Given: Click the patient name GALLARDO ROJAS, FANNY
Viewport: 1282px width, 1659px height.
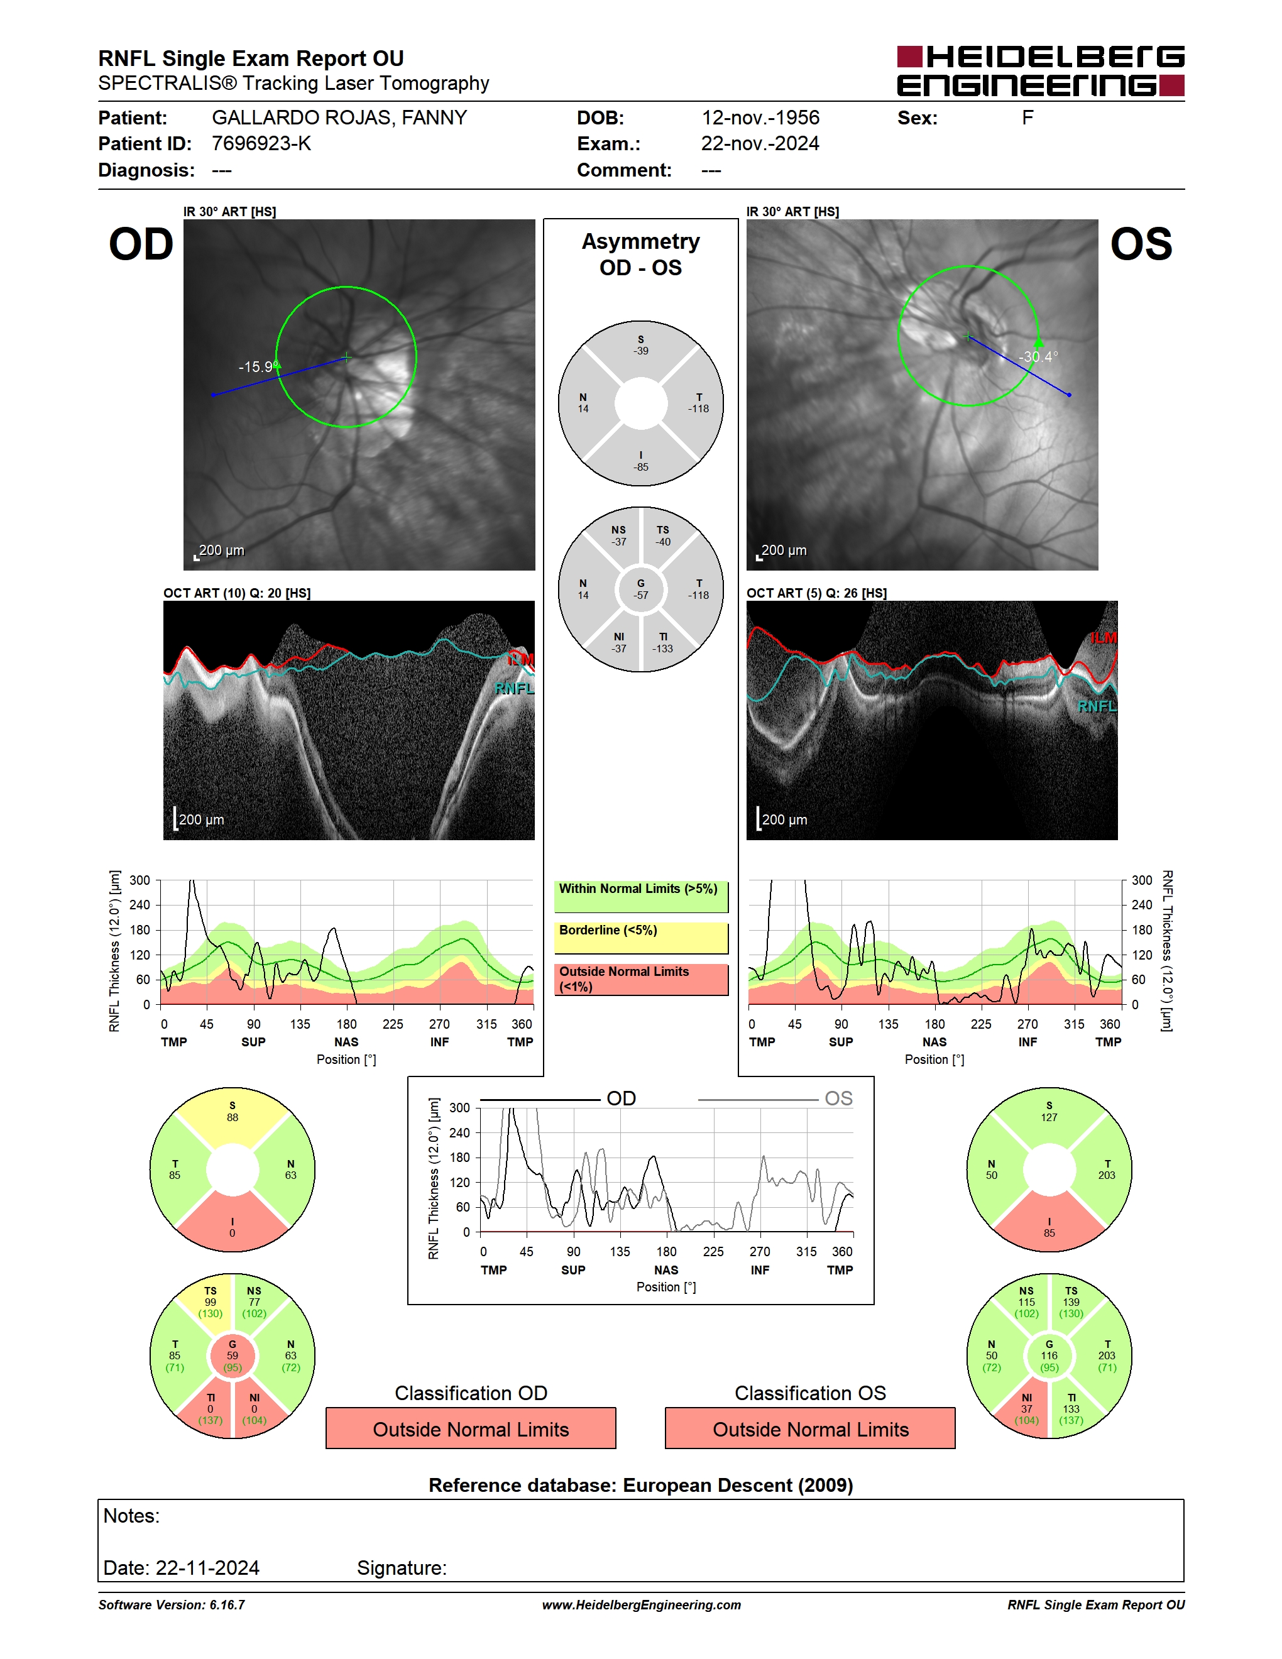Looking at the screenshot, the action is (x=339, y=118).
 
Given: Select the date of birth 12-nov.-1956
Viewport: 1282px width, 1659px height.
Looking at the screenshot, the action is (x=760, y=118).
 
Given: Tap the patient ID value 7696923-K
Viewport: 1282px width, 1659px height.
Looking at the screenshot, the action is (x=261, y=143).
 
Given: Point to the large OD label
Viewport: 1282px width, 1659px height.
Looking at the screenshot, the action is (x=141, y=244).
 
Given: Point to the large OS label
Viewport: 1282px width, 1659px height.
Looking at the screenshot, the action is (x=1141, y=244).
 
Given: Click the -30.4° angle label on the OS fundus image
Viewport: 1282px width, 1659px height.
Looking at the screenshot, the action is (x=1038, y=357).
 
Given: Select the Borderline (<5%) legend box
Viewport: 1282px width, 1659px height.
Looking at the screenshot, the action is (x=641, y=938).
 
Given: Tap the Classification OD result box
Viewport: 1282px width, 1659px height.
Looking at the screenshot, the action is (x=471, y=1428).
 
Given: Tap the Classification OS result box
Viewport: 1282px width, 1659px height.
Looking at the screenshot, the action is (x=811, y=1428).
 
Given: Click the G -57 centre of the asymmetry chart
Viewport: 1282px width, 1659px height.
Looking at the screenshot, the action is (x=641, y=589).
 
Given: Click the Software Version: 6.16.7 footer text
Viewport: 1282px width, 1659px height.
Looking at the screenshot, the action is (x=172, y=1604).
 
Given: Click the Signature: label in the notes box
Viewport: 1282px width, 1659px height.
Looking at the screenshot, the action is (x=402, y=1568).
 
